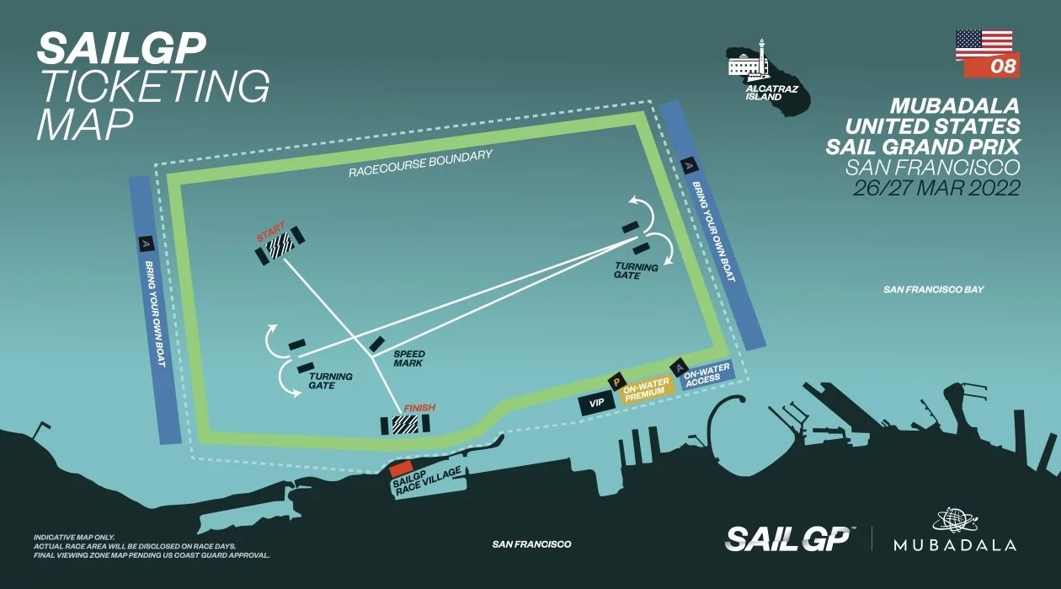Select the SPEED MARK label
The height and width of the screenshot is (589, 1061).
pos(409,358)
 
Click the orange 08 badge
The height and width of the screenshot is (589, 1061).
pos(992,65)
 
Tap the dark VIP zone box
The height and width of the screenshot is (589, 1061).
pos(597,404)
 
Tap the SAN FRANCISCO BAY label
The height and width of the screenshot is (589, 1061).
pos(933,290)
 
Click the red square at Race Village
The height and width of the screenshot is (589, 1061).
pos(401,469)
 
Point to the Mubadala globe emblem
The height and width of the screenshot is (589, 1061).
pos(954,521)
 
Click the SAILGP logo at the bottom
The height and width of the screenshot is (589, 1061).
pos(790,538)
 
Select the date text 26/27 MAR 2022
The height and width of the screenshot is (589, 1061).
pos(936,188)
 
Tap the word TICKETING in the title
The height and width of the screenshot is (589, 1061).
pos(154,86)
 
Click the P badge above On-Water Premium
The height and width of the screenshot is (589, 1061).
pos(616,382)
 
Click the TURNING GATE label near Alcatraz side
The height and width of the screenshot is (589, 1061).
pos(636,271)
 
